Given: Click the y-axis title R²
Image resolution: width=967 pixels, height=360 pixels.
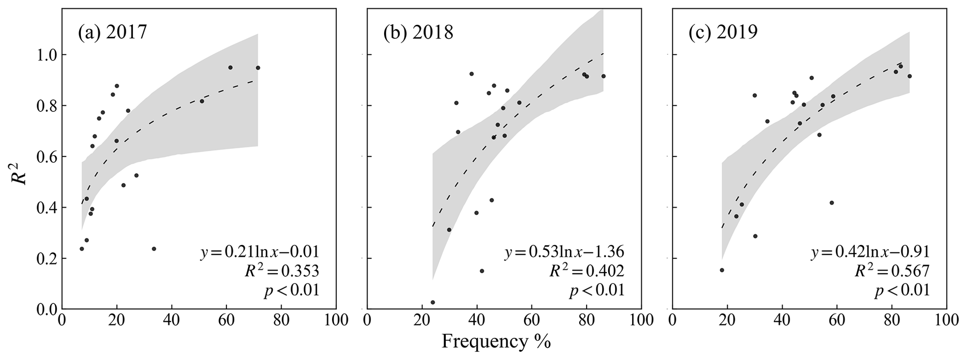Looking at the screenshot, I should pyautogui.click(x=21, y=172).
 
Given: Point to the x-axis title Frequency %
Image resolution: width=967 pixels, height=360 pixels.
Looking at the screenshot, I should pyautogui.click(x=496, y=342).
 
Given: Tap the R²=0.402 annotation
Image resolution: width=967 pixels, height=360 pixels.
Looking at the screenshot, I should pyautogui.click(x=588, y=271).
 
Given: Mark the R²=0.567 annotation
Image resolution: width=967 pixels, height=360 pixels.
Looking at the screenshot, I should pyautogui.click(x=893, y=271).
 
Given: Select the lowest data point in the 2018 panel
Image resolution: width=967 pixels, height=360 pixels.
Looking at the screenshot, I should pyautogui.click(x=433, y=302).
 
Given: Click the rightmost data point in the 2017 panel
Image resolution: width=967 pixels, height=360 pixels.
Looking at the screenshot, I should pyautogui.click(x=258, y=68).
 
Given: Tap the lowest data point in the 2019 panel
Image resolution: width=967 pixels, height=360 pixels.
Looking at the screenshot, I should pyautogui.click(x=722, y=270).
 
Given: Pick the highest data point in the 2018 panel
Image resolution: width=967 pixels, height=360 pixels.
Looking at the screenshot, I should pyautogui.click(x=472, y=74).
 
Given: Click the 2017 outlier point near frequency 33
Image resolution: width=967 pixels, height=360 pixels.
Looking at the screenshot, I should pyautogui.click(x=154, y=249).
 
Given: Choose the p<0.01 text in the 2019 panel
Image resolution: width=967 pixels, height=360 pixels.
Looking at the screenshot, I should pyautogui.click(x=902, y=291).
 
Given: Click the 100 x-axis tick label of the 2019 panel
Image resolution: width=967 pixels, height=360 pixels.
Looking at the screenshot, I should pyautogui.click(x=946, y=321).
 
